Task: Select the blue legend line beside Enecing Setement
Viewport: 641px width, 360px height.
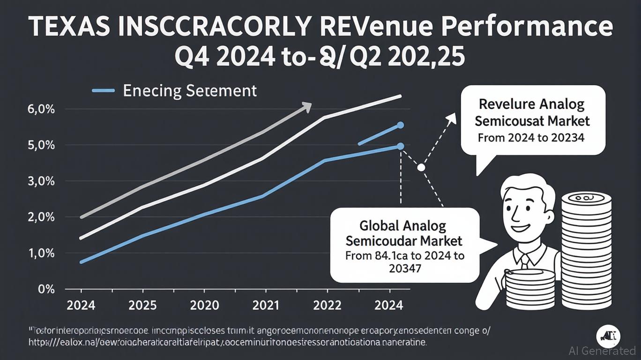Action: (104, 90)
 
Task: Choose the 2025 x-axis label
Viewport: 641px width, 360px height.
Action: (143, 306)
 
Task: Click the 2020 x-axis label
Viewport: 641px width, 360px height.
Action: (205, 306)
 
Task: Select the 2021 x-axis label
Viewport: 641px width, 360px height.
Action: (267, 306)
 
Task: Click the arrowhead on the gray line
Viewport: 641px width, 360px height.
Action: (306, 106)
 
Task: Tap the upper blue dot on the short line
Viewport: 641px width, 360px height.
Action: (401, 125)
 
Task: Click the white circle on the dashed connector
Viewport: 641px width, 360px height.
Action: (421, 167)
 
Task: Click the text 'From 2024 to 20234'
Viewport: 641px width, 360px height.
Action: (532, 138)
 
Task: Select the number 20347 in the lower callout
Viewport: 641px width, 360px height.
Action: (405, 268)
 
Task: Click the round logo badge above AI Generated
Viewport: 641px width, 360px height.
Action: (609, 336)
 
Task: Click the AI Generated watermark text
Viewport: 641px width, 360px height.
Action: (602, 351)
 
